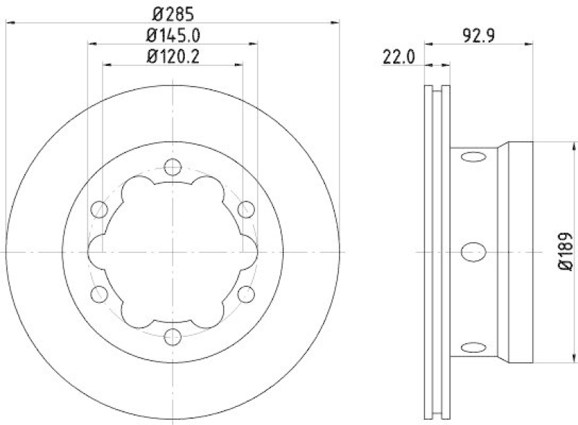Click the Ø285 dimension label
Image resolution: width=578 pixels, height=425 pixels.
pyautogui.click(x=173, y=12)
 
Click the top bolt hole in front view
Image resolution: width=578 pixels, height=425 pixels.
pyautogui.click(x=172, y=168)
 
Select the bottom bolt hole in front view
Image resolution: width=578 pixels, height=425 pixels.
pyautogui.click(x=172, y=336)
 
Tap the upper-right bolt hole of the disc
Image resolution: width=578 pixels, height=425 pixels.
pyautogui.click(x=245, y=210)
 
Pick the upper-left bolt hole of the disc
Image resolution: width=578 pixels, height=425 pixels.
pyautogui.click(x=99, y=210)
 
